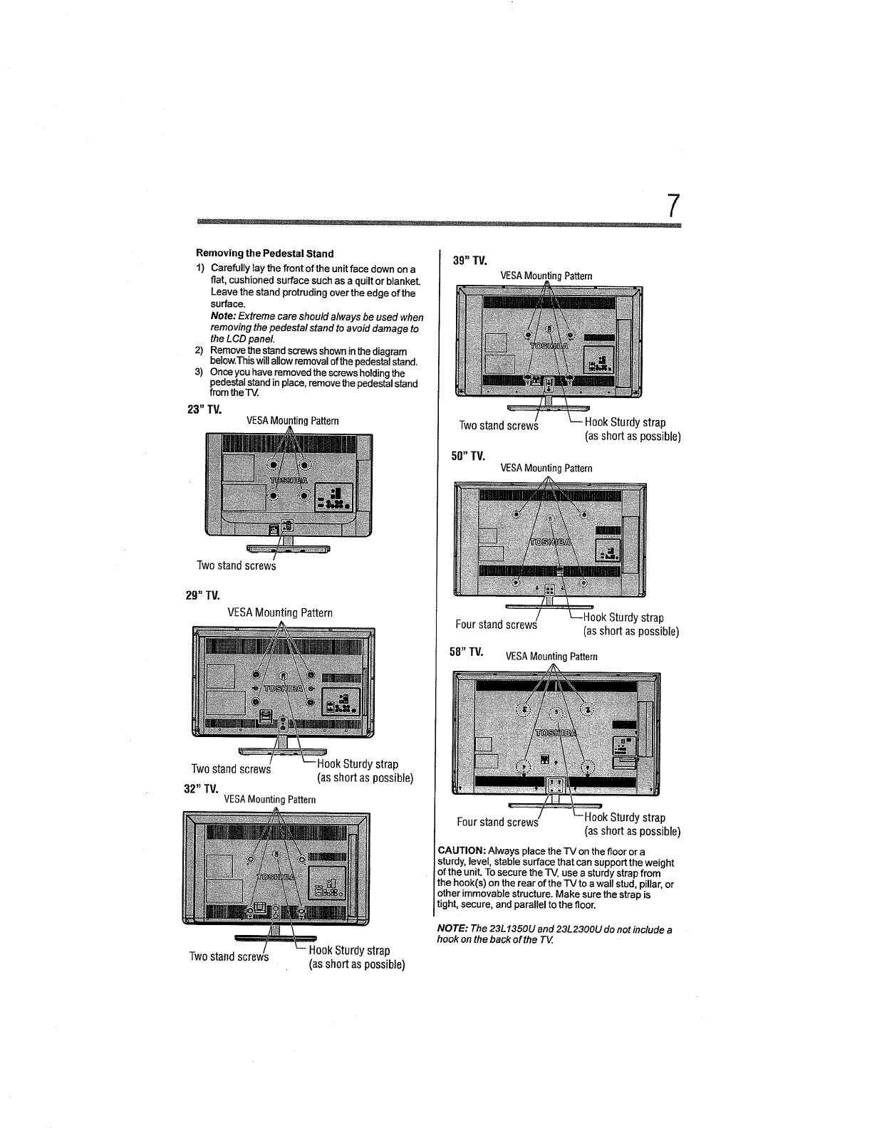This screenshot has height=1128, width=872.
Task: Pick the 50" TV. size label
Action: point(468,455)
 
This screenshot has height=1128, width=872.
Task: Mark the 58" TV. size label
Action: point(467,652)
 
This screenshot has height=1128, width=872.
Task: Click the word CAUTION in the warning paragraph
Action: point(462,852)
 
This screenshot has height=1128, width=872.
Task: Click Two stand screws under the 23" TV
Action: point(236,565)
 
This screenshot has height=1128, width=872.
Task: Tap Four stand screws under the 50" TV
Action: point(496,625)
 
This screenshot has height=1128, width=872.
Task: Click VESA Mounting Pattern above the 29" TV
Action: point(279,612)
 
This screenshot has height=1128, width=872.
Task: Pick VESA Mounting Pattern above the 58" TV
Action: point(551,657)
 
